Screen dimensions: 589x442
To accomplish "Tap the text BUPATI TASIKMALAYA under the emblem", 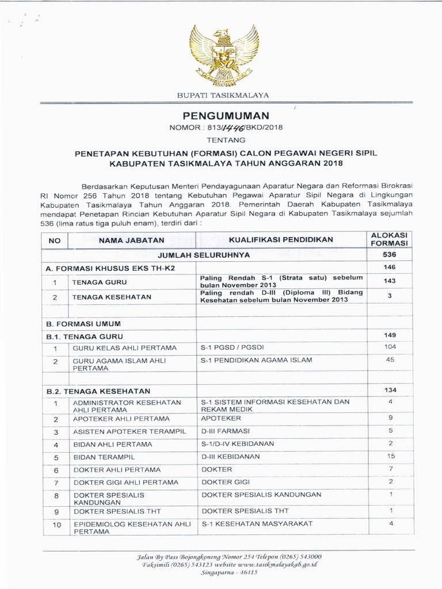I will click(222, 95).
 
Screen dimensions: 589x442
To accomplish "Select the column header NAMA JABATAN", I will click(132, 240).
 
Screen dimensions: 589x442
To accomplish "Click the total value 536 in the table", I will click(390, 254).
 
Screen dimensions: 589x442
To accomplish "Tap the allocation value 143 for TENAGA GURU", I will click(390, 281).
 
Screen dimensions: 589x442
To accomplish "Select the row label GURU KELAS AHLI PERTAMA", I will click(124, 349).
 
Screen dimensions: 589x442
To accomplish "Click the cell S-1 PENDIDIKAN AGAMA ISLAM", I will click(256, 360).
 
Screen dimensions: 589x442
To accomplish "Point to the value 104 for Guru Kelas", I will click(390, 347).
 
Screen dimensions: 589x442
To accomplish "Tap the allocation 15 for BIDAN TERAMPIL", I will click(390, 456).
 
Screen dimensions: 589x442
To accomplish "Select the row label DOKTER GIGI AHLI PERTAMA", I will click(125, 482).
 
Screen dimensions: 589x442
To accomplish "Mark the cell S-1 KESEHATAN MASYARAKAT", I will click(256, 523).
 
